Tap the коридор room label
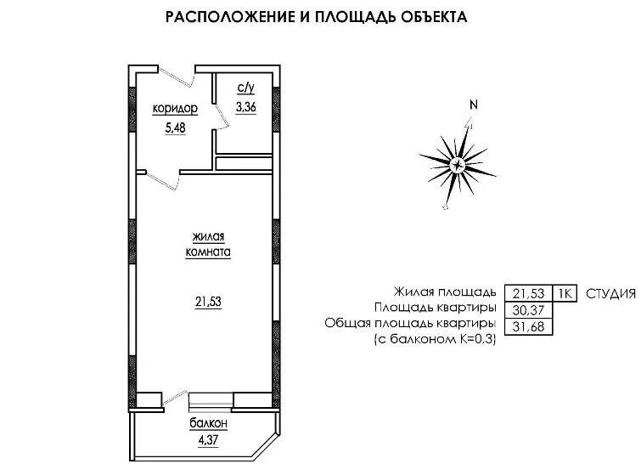click(175, 109)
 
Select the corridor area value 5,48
click(175, 127)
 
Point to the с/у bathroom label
click(245, 88)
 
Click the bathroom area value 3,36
click(245, 107)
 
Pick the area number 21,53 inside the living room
click(208, 302)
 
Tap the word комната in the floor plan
click(208, 252)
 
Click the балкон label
click(208, 422)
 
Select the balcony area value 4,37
click(208, 440)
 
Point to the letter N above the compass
click(474, 105)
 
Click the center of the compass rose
click(458, 166)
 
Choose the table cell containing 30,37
click(529, 310)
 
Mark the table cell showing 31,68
click(529, 326)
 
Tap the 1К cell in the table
click(565, 293)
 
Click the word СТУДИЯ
click(611, 293)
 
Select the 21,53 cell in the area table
click(529, 293)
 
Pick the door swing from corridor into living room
click(164, 181)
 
